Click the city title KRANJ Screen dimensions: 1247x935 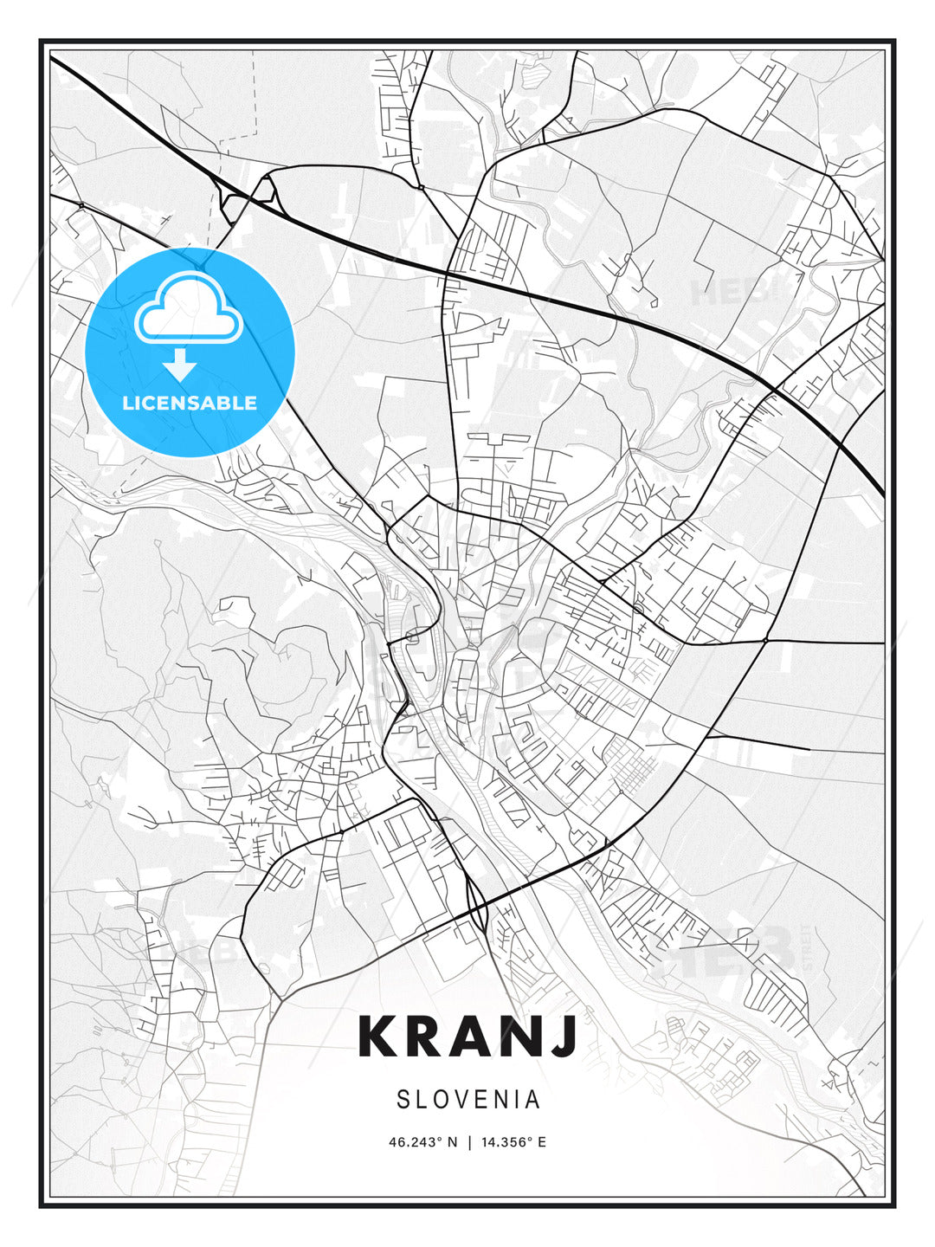coord(467,1036)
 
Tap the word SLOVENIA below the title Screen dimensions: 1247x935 coord(467,1100)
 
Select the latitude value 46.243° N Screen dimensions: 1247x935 coord(422,1142)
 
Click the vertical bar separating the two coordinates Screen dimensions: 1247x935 coord(469,1142)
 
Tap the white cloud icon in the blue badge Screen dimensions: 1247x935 coord(188,307)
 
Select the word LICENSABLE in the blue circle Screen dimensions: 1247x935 coord(190,403)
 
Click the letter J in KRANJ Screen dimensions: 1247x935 coord(563,1036)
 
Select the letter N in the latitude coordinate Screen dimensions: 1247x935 coord(451,1142)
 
